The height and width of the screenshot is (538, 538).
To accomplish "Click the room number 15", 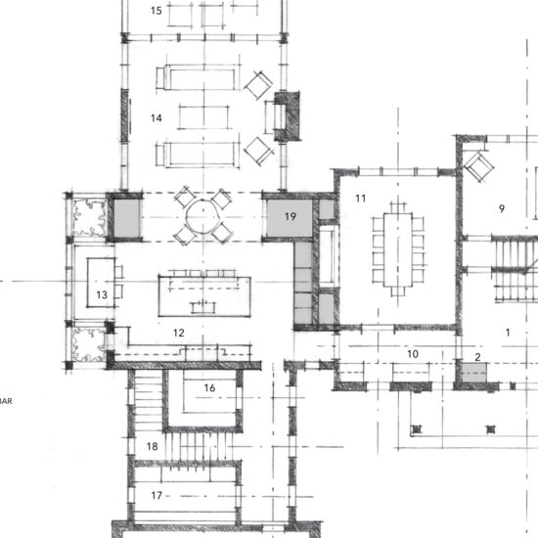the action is click(157, 11).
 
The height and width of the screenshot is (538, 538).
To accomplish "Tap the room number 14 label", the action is click(157, 118).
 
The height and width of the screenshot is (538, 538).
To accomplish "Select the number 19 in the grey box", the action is click(291, 216).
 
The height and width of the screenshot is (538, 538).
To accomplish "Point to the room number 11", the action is click(361, 199).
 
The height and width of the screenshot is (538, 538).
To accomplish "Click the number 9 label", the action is click(502, 208).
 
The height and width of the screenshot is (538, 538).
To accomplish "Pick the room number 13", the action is click(102, 294).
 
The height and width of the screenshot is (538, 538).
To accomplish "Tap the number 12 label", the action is click(179, 333).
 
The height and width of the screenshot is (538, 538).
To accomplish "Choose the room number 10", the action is click(413, 354).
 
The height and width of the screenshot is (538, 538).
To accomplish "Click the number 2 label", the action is click(477, 357).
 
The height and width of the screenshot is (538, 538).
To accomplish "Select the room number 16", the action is click(209, 388).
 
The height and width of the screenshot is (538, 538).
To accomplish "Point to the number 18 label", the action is click(153, 446).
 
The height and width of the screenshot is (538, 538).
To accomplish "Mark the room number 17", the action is click(157, 496).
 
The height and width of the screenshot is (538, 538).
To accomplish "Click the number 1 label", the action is click(508, 333).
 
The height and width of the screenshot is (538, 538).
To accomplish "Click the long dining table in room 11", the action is click(398, 250).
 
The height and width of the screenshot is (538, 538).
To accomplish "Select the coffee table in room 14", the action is click(203, 117).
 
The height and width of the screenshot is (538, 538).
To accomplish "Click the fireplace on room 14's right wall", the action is click(287, 116).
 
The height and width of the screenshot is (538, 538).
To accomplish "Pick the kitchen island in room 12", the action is click(204, 296).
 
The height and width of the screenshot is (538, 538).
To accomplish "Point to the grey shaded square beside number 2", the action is click(474, 373).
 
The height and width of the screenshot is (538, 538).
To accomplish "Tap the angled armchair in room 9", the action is click(479, 167).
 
